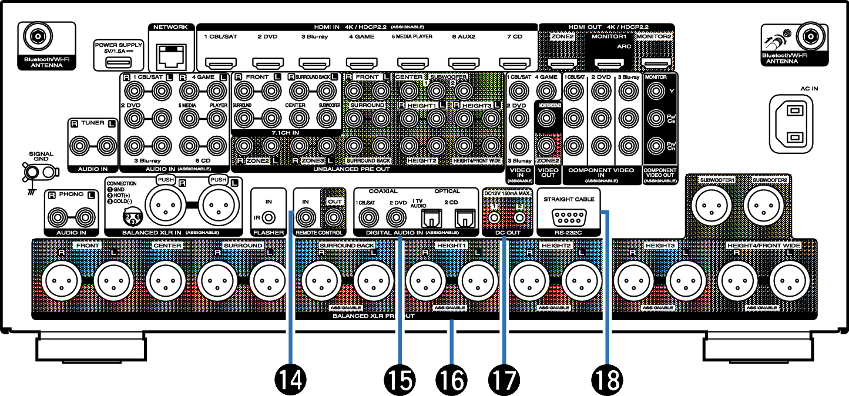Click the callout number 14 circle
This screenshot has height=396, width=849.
291,379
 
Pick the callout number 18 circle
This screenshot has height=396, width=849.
607,379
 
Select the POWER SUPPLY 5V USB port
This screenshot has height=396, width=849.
118,63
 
